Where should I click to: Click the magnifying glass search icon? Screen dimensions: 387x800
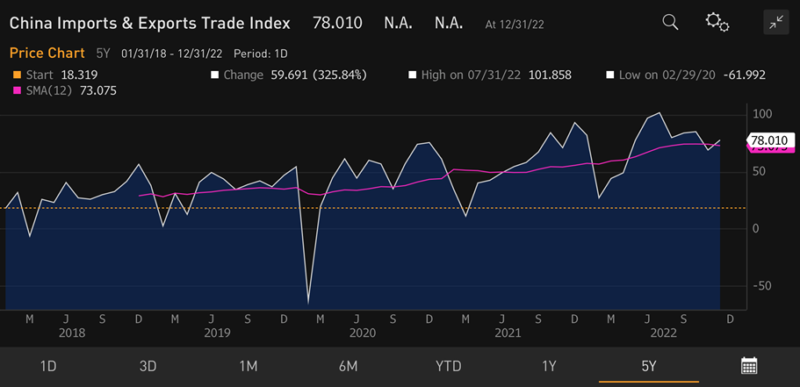[x=670, y=23]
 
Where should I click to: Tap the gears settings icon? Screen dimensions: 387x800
[x=717, y=23]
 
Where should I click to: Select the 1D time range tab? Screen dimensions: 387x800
[x=49, y=365]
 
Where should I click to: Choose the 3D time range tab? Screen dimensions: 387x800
[x=148, y=365]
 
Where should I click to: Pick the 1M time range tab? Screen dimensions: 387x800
[x=248, y=365]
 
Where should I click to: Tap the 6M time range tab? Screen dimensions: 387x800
[x=348, y=365]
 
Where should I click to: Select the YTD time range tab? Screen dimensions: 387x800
[x=448, y=365]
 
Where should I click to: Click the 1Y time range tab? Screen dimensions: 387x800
[x=549, y=365]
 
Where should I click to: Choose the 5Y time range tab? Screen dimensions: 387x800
[x=648, y=365]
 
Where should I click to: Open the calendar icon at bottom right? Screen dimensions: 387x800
[x=749, y=365]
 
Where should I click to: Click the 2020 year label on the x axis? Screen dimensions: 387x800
[x=362, y=333]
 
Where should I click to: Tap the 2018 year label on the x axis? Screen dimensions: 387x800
[x=72, y=333]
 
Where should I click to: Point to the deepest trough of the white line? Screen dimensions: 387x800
[x=308, y=304]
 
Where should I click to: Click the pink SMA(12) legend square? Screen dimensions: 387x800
[x=15, y=90]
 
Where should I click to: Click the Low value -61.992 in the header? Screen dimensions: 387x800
[x=746, y=75]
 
